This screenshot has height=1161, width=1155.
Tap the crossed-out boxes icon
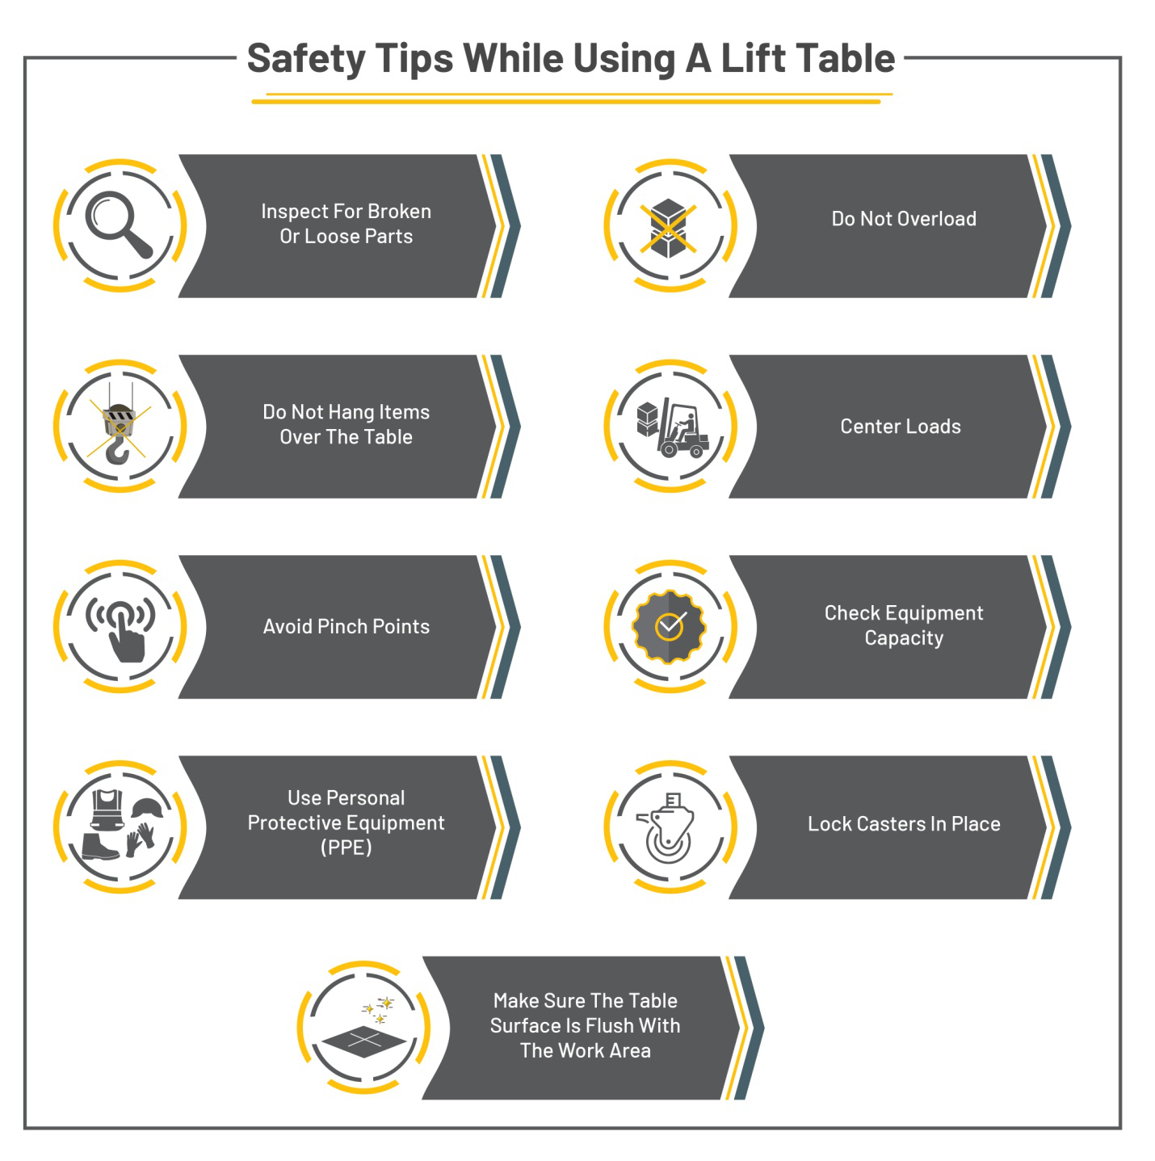click(x=669, y=227)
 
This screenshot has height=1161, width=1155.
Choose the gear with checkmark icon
click(x=669, y=626)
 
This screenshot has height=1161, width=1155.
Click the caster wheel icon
click(x=667, y=828)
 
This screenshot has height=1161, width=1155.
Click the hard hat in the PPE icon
click(x=147, y=807)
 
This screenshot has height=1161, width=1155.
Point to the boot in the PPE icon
click(x=100, y=847)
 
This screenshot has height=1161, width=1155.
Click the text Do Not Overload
click(x=904, y=219)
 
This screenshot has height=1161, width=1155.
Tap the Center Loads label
click(x=901, y=427)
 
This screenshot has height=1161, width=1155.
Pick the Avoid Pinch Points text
click(x=346, y=627)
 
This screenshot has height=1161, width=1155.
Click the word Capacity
click(x=904, y=638)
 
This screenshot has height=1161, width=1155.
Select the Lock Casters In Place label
click(x=904, y=824)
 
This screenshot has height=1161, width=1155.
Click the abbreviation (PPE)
click(x=346, y=848)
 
